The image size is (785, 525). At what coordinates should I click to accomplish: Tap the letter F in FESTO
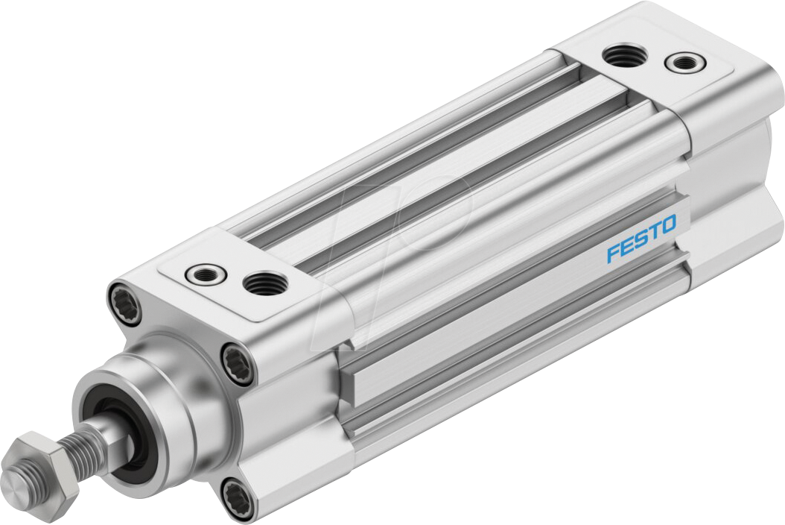point(613,251)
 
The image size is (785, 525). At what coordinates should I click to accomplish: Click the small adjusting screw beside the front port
point(203,274)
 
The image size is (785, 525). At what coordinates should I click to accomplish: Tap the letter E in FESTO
point(626,245)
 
